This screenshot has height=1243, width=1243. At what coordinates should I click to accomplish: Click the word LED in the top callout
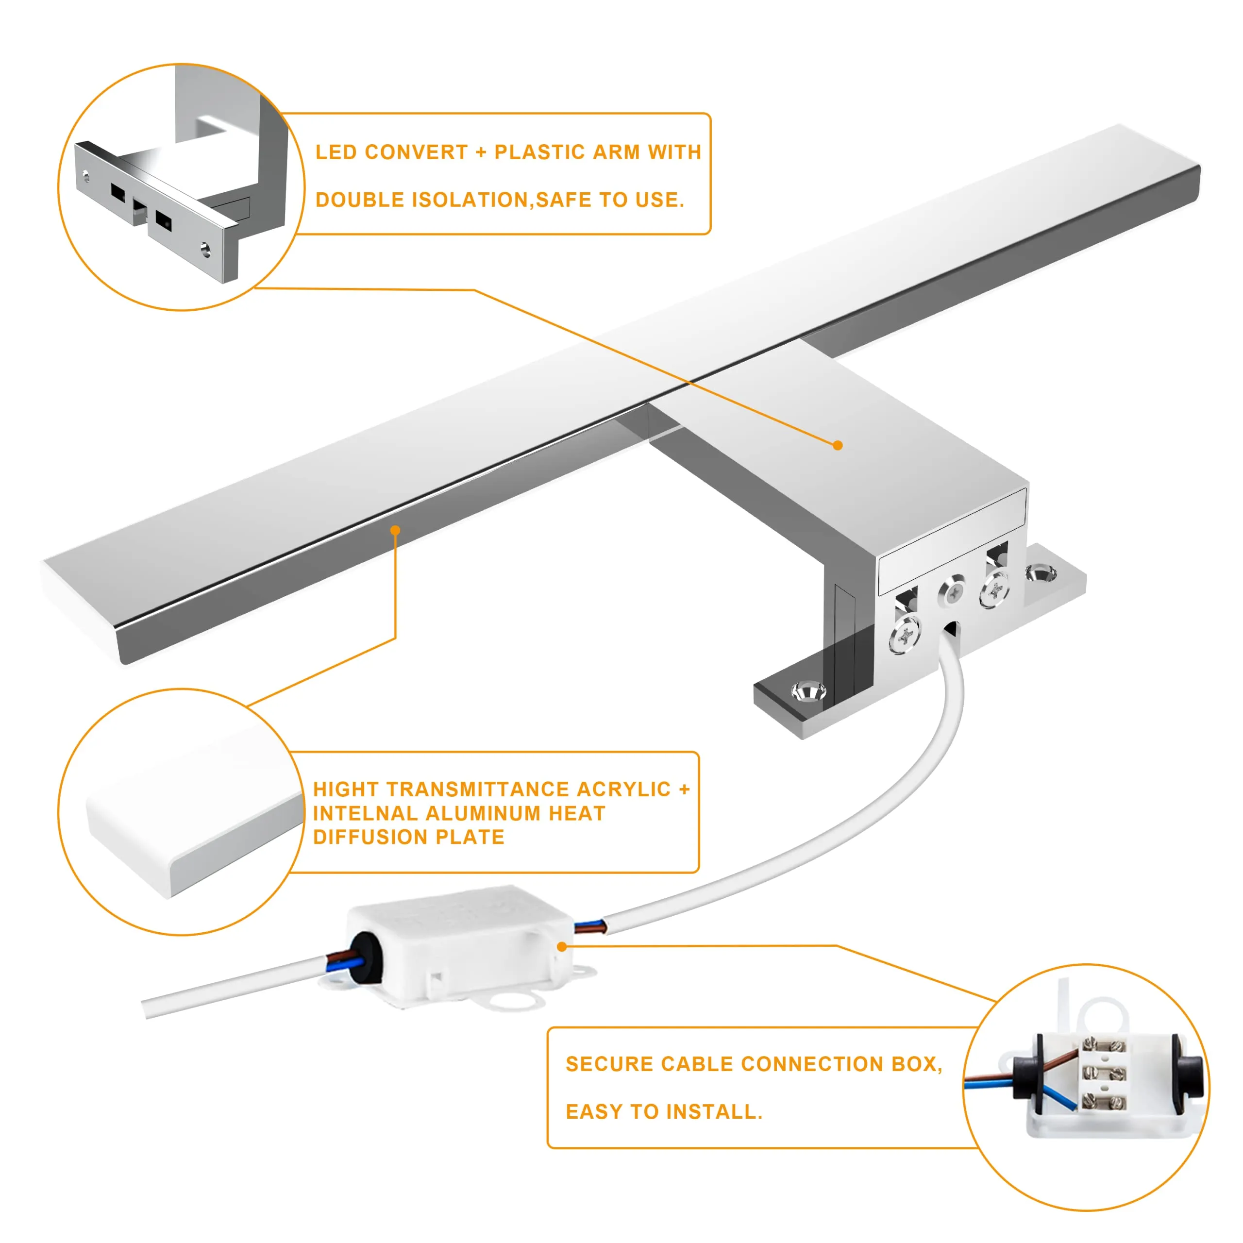336,152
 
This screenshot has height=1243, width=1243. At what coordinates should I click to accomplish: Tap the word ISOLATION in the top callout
471,200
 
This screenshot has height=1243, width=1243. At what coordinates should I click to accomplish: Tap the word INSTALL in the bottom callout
713,1112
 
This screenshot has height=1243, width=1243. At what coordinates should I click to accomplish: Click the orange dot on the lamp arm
838,445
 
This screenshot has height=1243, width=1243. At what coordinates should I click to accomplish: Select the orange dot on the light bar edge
396,530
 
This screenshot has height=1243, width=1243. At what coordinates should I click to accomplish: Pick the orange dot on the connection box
562,946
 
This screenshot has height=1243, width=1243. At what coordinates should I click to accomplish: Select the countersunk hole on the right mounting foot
1041,572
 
